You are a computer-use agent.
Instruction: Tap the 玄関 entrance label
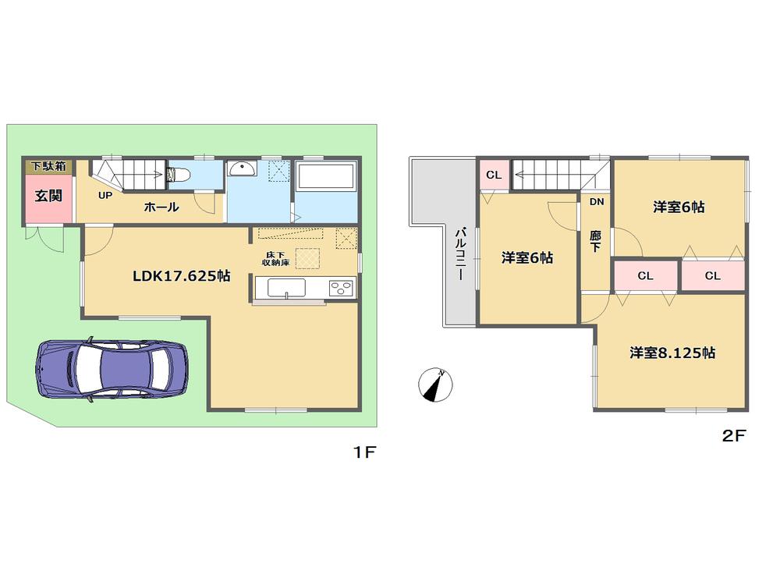tap(48, 196)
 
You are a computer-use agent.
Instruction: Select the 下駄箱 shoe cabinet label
tap(48, 166)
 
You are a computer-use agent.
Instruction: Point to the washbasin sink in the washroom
tap(239, 168)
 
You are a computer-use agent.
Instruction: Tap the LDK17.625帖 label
tap(181, 275)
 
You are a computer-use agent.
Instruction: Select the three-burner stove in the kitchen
tap(342, 288)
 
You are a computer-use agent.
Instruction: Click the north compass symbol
tap(435, 385)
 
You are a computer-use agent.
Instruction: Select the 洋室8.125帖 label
tap(672, 353)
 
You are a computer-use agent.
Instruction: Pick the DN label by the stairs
tap(596, 202)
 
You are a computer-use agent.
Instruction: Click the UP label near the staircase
tap(105, 195)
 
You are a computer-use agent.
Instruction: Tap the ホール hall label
tap(161, 207)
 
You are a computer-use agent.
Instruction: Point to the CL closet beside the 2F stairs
tap(494, 175)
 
